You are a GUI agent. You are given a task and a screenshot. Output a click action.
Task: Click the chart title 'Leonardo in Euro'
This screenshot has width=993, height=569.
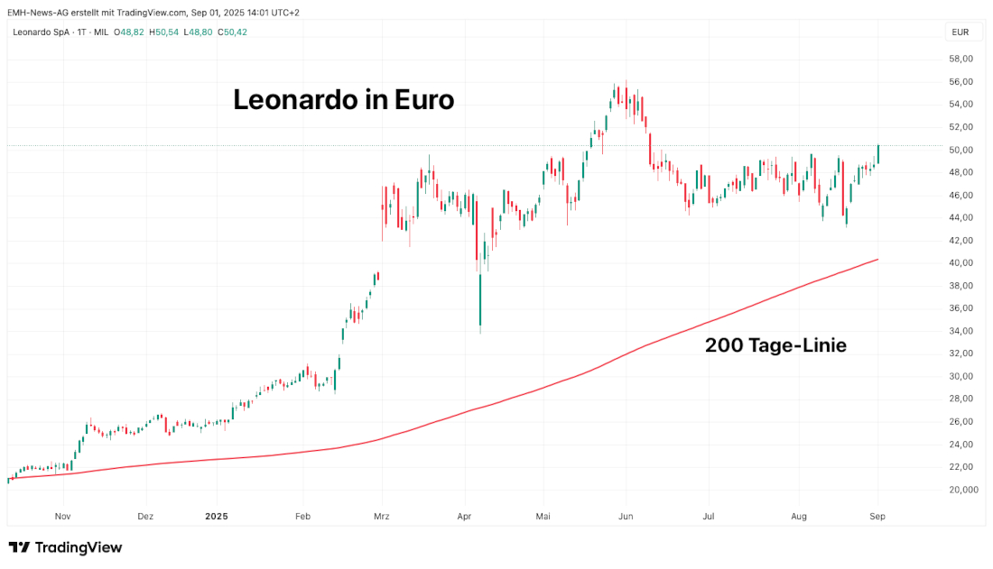343,99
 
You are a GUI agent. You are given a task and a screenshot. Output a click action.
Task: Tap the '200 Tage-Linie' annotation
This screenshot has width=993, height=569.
775,344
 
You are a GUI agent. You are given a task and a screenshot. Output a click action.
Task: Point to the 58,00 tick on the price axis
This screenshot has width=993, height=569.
961,59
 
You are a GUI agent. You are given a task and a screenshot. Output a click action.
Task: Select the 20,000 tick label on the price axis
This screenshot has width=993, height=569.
962,490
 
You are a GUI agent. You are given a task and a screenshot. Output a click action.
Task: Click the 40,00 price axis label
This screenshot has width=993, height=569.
961,263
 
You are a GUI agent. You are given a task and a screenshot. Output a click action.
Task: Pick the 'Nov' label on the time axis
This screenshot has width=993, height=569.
62,517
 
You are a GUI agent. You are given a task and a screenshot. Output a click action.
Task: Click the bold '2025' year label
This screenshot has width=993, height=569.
217,517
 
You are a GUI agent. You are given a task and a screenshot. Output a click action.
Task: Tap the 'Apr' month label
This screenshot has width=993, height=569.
465,517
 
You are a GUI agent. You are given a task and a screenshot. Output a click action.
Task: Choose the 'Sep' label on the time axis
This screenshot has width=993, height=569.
877,517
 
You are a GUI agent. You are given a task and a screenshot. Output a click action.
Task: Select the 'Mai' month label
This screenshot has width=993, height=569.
543,517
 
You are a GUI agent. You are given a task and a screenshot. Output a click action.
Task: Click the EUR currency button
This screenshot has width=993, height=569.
961,32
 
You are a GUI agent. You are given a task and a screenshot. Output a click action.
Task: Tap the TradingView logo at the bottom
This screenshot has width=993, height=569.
65,547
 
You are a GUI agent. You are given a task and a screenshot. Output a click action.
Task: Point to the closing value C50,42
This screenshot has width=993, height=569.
231,32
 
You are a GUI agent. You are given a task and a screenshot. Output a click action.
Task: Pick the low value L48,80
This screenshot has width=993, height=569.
199,32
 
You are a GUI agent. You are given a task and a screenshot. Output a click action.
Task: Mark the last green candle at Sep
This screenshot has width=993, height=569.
878,154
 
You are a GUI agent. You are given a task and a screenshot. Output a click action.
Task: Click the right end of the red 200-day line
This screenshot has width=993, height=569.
877,260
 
